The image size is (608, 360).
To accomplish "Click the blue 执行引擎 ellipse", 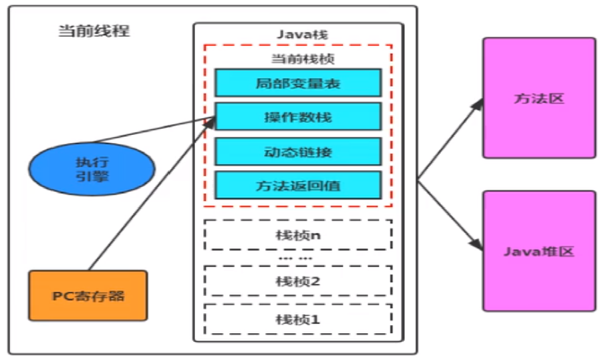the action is click(92, 169).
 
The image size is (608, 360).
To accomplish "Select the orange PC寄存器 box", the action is click(88, 296).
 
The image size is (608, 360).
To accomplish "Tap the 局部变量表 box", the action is click(298, 83).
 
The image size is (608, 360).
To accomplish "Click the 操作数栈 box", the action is click(298, 117).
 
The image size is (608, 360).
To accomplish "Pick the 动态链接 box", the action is click(298, 151).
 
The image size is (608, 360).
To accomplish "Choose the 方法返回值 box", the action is click(298, 185).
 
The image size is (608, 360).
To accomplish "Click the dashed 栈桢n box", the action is click(298, 235).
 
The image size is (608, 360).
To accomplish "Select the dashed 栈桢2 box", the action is click(298, 281).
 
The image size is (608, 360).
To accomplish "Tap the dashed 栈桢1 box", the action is click(298, 319).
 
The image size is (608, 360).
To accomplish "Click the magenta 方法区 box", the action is click(539, 98).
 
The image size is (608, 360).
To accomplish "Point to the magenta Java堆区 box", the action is click(539, 251).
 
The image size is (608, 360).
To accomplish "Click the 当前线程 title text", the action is click(94, 31).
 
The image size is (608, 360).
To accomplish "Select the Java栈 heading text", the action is click(303, 35).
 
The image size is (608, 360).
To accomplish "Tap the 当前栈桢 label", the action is click(303, 59).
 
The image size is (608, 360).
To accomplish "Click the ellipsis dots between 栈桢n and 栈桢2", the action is click(295, 258).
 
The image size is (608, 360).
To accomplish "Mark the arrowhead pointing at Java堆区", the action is click(476, 243).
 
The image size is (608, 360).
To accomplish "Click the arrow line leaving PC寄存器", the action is click(152, 194).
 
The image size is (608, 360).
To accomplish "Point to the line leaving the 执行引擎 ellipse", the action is click(154, 130).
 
